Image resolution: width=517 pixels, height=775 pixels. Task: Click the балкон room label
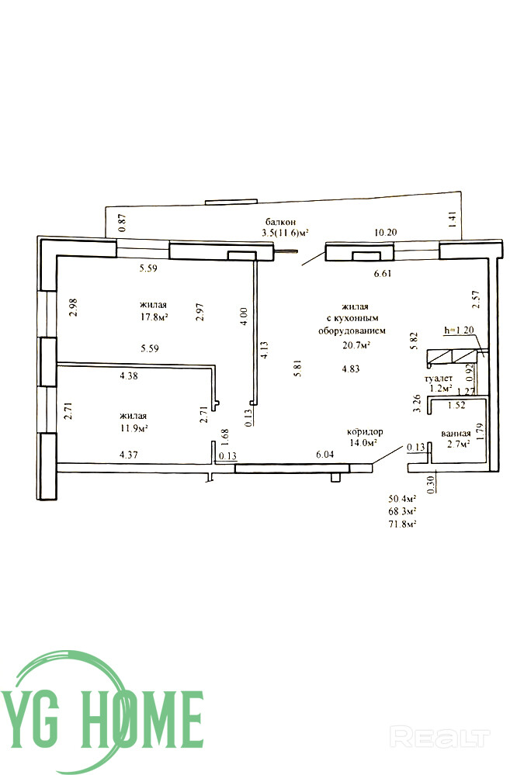280,223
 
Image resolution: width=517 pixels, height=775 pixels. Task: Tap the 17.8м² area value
154,317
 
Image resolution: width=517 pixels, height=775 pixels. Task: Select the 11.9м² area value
134,428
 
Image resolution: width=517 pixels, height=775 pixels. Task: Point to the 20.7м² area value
357,345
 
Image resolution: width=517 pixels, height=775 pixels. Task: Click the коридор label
365,431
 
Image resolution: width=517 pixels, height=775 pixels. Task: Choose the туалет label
439,378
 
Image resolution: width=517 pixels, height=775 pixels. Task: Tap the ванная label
456,434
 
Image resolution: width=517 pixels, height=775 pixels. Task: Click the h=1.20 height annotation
459,330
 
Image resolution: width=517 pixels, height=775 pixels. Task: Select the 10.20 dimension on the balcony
385,232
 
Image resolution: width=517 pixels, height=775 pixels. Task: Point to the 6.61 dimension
383,273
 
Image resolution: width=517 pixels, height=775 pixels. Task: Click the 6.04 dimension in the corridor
325,455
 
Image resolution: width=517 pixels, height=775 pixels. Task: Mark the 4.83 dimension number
351,368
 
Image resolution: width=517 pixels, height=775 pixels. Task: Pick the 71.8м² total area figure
402,524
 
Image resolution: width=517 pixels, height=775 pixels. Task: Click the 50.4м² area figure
402,498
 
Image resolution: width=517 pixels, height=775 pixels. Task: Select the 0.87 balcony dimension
123,223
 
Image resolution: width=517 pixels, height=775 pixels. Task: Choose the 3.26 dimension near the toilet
417,403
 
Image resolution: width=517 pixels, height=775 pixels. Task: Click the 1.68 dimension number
224,438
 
